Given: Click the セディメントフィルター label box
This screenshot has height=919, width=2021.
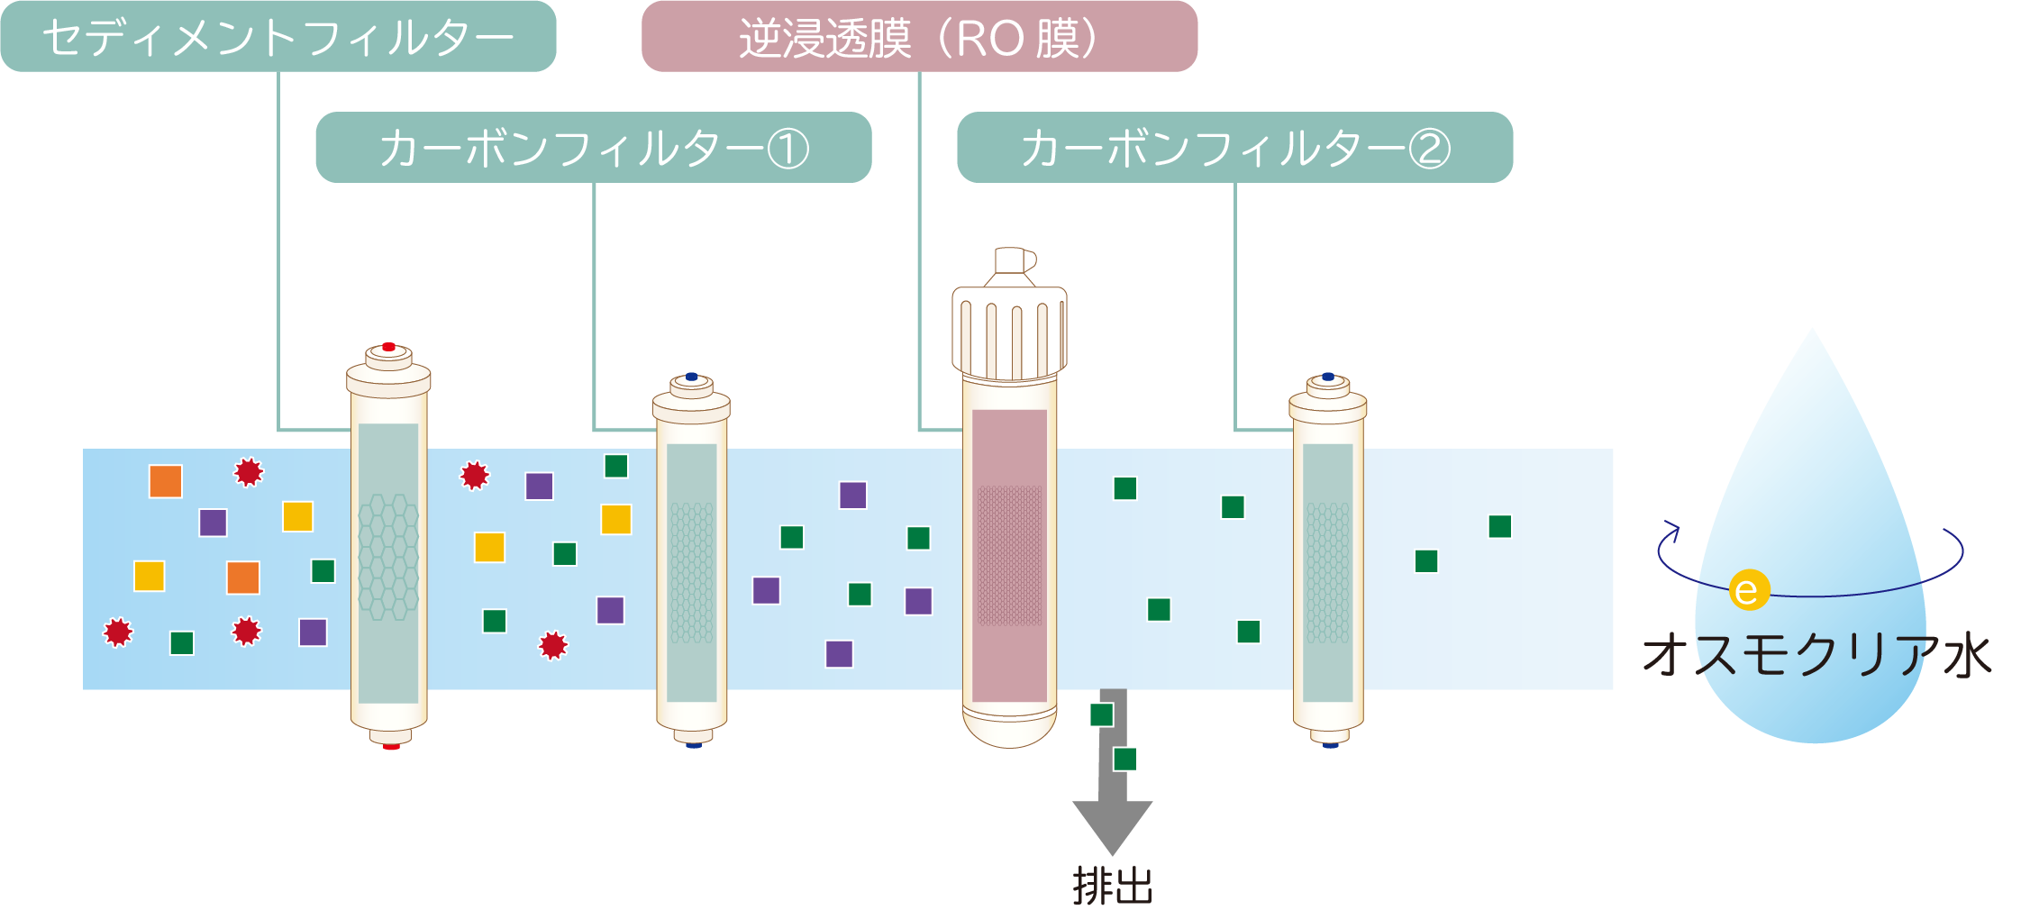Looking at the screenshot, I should click(x=278, y=37).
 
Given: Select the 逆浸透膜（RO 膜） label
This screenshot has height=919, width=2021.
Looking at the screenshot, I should click(x=919, y=37).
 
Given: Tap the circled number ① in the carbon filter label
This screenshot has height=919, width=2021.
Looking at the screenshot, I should click(x=787, y=149).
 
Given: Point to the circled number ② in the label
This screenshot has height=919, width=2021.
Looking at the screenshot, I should click(x=1429, y=149).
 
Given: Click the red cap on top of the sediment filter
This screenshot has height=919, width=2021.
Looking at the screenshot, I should click(x=388, y=347).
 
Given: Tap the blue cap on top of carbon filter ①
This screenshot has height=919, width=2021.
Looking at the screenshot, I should click(x=692, y=377).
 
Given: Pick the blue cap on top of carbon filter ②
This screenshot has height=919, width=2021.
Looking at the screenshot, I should click(x=1328, y=377).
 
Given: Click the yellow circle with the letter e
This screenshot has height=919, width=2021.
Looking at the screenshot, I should click(x=1749, y=591).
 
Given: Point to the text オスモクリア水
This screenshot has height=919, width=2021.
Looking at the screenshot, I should click(x=1816, y=655).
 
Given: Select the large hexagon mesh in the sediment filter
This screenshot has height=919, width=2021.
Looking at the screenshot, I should click(x=388, y=556).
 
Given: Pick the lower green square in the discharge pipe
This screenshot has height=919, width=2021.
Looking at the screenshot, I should click(x=1124, y=759).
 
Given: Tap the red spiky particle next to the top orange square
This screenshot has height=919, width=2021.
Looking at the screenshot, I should click(x=249, y=472).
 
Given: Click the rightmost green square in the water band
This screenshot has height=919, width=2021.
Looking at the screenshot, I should click(x=1500, y=526).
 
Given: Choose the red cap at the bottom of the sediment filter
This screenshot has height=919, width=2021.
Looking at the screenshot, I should click(x=391, y=746).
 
